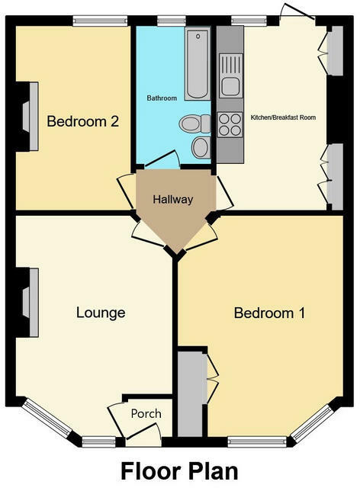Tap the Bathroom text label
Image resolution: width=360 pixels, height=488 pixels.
162,98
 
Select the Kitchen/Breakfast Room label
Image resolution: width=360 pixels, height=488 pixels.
283,117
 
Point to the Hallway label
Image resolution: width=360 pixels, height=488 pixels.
172,199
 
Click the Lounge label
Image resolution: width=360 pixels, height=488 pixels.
100,313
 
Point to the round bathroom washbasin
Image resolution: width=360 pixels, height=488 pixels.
201,147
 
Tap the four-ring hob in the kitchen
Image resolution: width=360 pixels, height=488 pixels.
230,124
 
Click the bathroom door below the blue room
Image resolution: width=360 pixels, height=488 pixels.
161,161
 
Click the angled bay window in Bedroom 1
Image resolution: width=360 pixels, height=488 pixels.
313,424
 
